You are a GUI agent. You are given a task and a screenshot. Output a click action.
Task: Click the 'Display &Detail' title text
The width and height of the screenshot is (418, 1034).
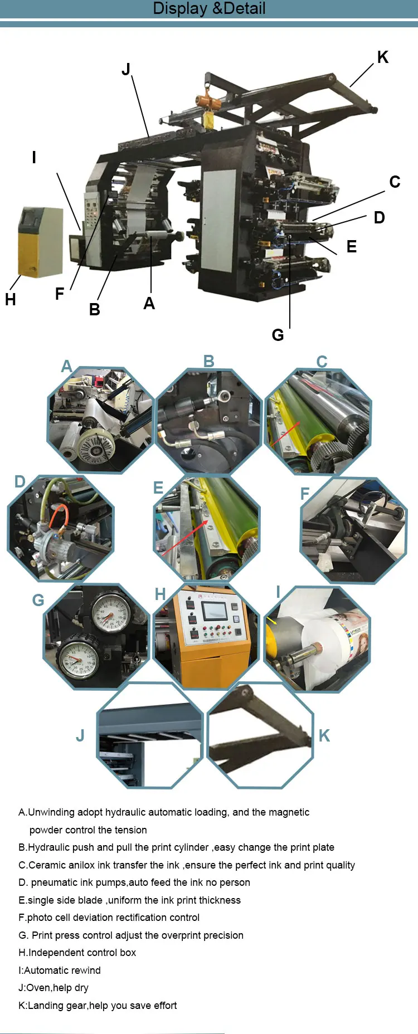tap(209, 8)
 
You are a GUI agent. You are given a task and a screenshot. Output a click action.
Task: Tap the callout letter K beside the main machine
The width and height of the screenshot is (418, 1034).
tap(383, 57)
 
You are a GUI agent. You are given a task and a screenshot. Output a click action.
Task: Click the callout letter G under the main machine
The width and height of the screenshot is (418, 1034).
tap(278, 335)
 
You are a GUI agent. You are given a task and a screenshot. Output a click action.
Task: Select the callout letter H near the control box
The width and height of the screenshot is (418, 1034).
tap(10, 300)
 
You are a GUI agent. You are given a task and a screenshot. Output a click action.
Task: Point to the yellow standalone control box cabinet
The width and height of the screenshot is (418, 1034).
tap(40, 242)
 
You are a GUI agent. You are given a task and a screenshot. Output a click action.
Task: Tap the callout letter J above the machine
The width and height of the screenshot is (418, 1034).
tap(126, 69)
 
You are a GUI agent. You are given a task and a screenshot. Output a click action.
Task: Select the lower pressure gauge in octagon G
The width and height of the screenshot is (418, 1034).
tap(79, 660)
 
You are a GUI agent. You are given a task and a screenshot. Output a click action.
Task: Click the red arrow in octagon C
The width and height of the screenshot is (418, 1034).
tap(285, 432)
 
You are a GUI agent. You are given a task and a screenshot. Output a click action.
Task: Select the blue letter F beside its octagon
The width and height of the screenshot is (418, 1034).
tap(305, 494)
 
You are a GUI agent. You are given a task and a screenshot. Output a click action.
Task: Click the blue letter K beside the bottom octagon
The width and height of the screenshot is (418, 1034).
tap(324, 735)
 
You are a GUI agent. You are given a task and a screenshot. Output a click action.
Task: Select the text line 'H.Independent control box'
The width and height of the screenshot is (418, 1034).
tap(77, 953)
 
